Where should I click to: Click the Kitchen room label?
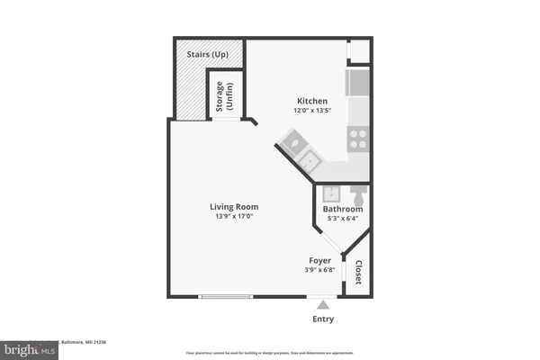click(x=312, y=101)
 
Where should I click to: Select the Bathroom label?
click(x=343, y=210)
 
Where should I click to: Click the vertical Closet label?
click(x=358, y=273)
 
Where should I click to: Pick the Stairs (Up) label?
click(x=208, y=54)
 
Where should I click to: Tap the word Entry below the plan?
click(x=324, y=319)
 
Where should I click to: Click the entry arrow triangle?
click(x=324, y=305)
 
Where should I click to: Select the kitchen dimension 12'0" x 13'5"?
click(x=312, y=111)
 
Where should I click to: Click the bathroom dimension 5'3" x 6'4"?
click(x=343, y=219)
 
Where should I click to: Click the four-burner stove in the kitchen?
click(x=358, y=139)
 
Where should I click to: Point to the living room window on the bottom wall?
click(x=226, y=296)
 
